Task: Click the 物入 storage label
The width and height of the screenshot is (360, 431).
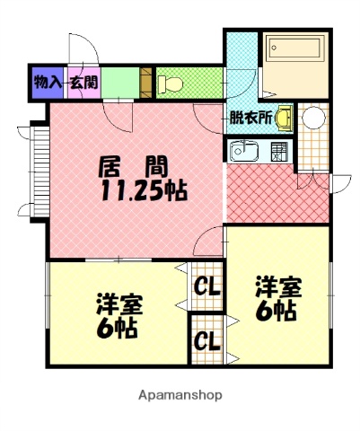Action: [x=47, y=82]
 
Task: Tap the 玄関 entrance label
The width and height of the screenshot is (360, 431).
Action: [x=85, y=82]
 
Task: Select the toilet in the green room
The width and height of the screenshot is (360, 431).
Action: [x=171, y=84]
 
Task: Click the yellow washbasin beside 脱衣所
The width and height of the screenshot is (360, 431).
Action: [x=284, y=116]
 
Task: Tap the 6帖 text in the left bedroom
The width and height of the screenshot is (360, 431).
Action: [x=117, y=328]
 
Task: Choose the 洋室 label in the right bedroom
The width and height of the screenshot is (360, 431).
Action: [x=278, y=287]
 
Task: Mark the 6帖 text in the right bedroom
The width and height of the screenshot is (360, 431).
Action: [x=278, y=311]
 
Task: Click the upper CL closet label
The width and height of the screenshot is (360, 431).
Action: [x=206, y=287]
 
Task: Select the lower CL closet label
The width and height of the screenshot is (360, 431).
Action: [x=206, y=341]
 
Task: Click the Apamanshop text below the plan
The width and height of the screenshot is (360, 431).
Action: [x=180, y=394]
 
